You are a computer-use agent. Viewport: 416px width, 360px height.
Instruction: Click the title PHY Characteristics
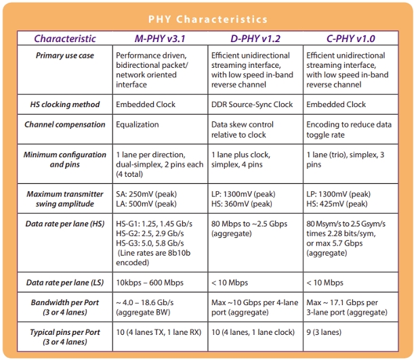click(x=207, y=20)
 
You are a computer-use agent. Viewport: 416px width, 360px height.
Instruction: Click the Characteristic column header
click(x=65, y=39)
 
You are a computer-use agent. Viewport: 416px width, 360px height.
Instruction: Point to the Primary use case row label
click(x=65, y=56)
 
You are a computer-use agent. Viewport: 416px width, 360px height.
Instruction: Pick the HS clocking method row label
click(x=65, y=104)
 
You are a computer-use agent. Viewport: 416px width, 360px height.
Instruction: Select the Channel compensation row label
click(x=65, y=125)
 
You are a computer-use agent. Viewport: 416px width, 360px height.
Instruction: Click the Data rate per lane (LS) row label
click(x=65, y=281)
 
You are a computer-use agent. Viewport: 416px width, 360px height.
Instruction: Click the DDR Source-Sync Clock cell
click(x=252, y=104)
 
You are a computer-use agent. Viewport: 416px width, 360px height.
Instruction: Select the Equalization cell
click(x=138, y=125)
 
